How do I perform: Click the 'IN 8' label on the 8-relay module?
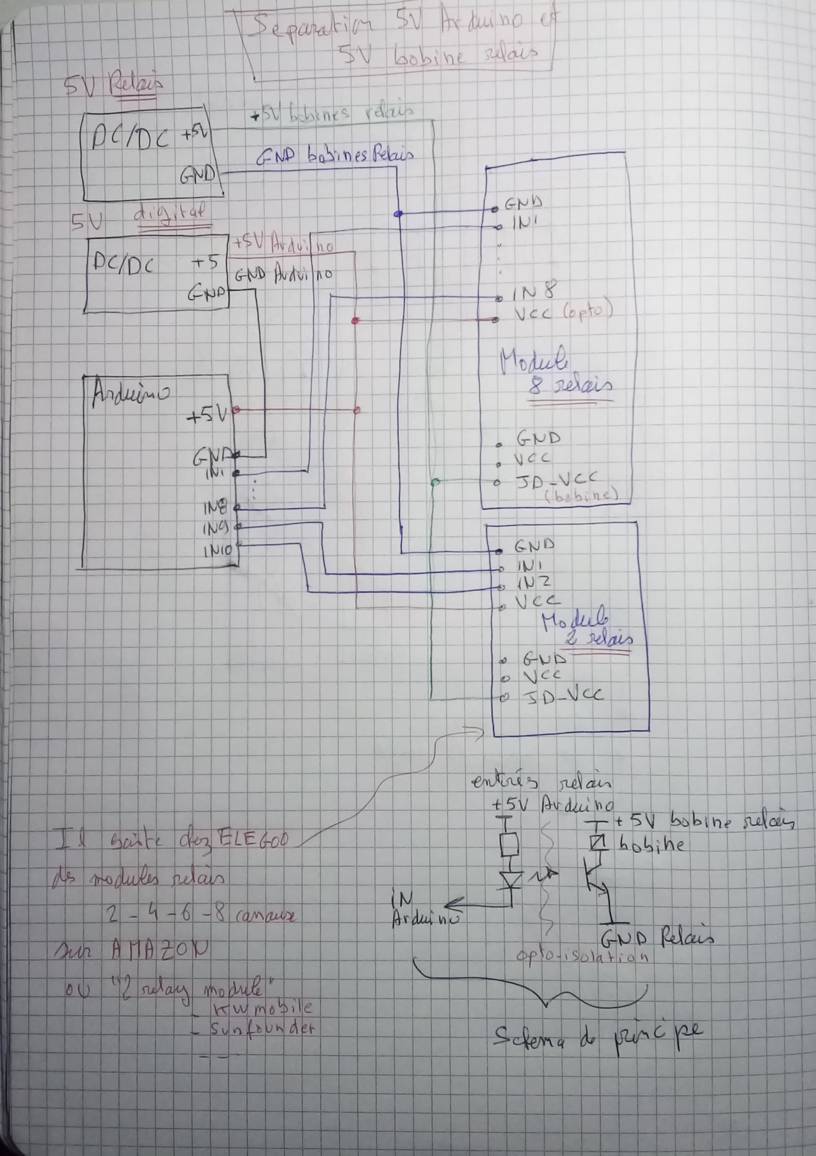(x=533, y=293)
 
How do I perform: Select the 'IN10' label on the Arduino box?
(x=219, y=551)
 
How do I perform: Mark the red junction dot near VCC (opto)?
(x=354, y=320)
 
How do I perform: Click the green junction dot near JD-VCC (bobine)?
(x=434, y=482)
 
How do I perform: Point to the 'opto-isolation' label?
(x=582, y=957)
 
